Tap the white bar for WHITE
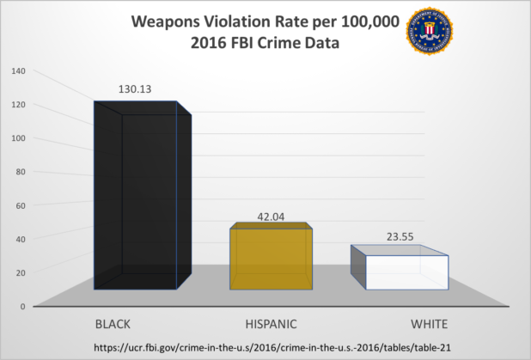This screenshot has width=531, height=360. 400,270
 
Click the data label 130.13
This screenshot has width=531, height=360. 136,88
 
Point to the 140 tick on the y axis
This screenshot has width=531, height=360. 19,70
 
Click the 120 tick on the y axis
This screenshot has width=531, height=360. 19,104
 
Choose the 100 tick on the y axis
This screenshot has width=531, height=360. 19,137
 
